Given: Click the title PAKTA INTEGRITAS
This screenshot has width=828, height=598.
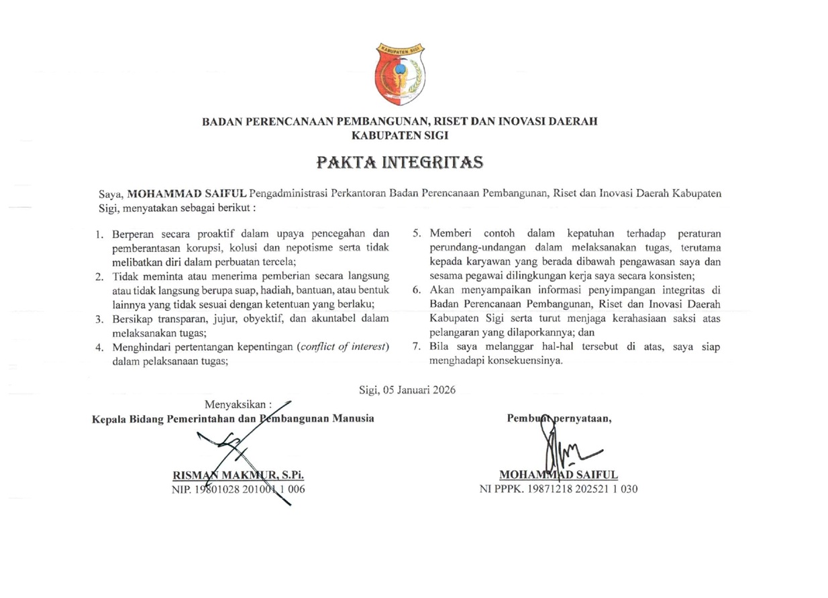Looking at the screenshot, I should coord(400,163).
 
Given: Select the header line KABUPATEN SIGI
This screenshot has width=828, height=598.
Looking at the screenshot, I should coord(400,135).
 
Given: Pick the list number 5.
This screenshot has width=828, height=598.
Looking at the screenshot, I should coord(416,233).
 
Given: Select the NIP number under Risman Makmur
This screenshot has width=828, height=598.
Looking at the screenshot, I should coord(239,489).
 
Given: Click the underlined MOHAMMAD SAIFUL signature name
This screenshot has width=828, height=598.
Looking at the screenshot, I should coord(559,475).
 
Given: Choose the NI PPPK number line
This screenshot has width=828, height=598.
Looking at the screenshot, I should coord(558,489).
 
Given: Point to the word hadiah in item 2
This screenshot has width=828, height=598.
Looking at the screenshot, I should coord(264,290).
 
